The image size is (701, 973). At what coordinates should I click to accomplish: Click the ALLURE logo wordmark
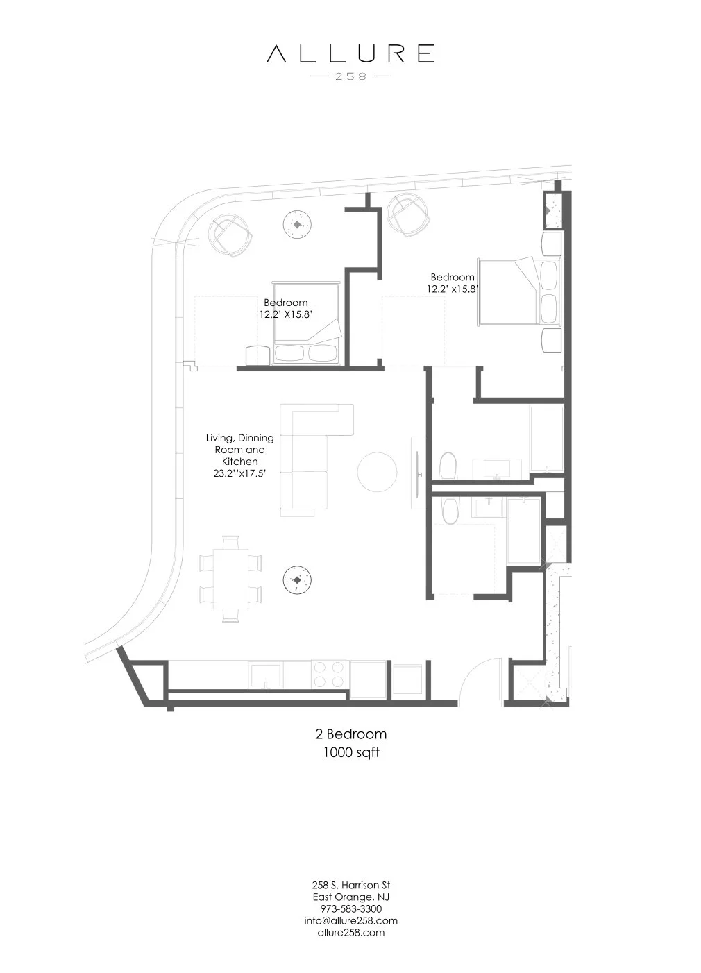(x=350, y=53)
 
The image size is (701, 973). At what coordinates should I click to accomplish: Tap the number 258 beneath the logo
(x=350, y=76)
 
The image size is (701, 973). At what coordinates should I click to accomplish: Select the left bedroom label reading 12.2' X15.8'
(x=285, y=308)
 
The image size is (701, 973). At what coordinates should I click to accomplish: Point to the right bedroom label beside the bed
(x=453, y=283)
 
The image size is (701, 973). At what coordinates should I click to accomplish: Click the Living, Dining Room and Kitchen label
(x=239, y=455)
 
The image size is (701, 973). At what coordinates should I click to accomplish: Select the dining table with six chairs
(x=230, y=577)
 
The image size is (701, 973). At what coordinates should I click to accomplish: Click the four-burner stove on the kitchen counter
(x=329, y=673)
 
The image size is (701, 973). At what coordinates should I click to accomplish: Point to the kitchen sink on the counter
(x=266, y=674)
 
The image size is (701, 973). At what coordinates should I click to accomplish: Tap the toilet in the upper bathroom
(x=448, y=466)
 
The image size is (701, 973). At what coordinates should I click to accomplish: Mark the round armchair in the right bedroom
(x=408, y=215)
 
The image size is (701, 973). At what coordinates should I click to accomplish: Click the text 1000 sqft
(x=350, y=752)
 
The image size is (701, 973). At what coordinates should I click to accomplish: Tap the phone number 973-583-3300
(x=350, y=908)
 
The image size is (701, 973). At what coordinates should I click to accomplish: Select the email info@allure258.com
(x=350, y=920)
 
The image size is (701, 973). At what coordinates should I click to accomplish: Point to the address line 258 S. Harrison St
(x=350, y=885)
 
